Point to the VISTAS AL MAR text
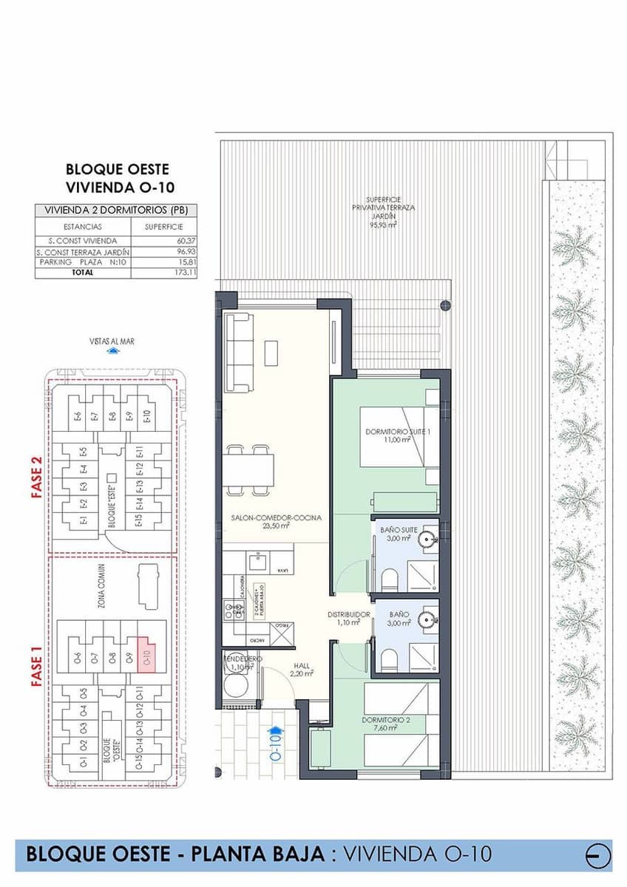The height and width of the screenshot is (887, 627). click(x=112, y=341)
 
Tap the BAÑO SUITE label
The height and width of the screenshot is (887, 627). click(x=396, y=530)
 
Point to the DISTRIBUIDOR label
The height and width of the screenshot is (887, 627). click(x=348, y=615)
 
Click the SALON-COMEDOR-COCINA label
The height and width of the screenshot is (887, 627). click(x=276, y=519)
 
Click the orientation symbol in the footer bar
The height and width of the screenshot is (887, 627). click(x=597, y=855)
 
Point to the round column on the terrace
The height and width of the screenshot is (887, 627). click(x=444, y=305)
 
